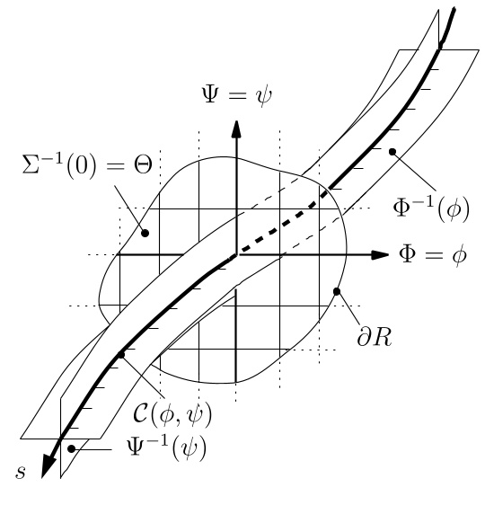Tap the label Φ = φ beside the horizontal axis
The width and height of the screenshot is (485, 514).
point(433,255)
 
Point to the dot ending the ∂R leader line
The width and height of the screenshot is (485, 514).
point(338,290)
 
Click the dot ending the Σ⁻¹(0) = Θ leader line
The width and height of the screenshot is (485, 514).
point(145,233)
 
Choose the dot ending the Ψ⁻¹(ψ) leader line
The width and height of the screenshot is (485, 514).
point(71,447)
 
